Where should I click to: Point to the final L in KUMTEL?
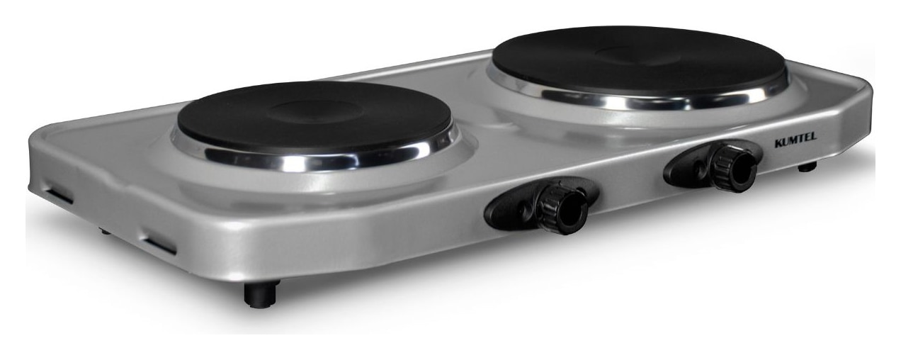click(813, 136)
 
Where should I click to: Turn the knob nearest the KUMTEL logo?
click(732, 168)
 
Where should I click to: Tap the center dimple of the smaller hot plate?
click(313, 110)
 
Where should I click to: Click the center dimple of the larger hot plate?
click(635, 56)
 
